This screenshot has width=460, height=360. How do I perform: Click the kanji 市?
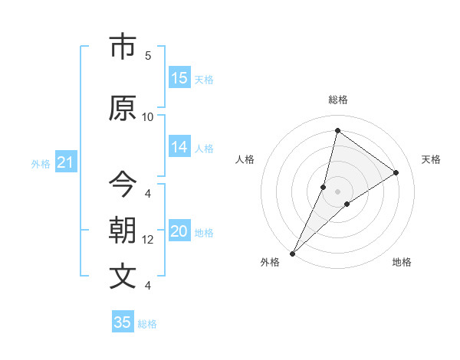tap(123, 47)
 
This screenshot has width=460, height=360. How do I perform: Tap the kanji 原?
tap(123, 109)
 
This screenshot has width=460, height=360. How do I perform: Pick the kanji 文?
tap(123, 277)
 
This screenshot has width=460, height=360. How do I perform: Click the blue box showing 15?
tap(179, 78)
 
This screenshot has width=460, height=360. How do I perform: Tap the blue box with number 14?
tap(179, 148)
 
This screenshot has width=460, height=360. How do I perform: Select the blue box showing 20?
tap(179, 232)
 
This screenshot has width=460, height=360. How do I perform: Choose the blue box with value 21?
tap(65, 163)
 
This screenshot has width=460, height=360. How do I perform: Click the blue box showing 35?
tap(123, 322)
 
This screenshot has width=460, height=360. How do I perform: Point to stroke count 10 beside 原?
tap(148, 117)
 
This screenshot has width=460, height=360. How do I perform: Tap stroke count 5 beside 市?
tap(148, 56)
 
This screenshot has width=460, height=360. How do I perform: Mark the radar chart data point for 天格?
tap(396, 172)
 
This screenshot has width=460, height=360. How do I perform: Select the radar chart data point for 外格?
tap(293, 253)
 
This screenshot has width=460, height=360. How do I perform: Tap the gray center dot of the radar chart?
tap(337, 191)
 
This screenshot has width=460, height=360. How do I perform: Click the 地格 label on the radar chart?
tap(402, 262)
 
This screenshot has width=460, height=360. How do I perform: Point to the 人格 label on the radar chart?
tap(245, 159)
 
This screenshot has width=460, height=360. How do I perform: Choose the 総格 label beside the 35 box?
tap(147, 324)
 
